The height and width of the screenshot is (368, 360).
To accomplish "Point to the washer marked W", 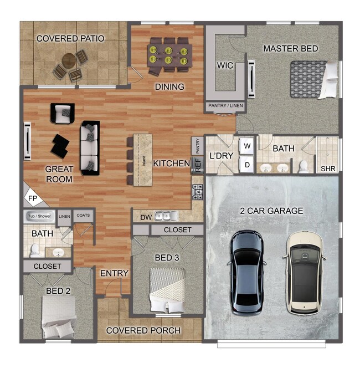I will pyautogui.click(x=247, y=146).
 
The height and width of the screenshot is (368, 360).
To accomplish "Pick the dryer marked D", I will pyautogui.click(x=247, y=165).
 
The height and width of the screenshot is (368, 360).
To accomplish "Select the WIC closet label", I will pyautogui.click(x=225, y=66).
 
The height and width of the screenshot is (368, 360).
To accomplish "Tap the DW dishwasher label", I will pyautogui.click(x=145, y=216).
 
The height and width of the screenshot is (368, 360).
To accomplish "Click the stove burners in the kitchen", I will pyautogui.click(x=198, y=191).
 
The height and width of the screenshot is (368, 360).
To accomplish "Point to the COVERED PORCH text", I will pyautogui.click(x=143, y=330).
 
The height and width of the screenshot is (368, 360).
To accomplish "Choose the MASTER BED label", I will pyautogui.click(x=290, y=49).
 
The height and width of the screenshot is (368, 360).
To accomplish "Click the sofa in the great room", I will pyautogui.click(x=90, y=147).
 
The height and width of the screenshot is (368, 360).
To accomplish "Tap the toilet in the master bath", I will pyautogui.click(x=303, y=166).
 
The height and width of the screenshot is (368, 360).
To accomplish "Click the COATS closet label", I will pyautogui.click(x=83, y=215).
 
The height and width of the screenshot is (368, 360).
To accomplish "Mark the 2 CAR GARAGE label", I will pyautogui.click(x=271, y=211).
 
